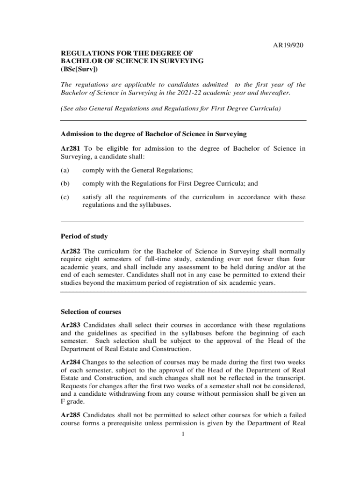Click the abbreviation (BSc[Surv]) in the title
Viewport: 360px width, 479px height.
(x=79, y=69)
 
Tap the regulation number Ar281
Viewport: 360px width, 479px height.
(x=71, y=149)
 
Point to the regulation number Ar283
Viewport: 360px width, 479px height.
(x=71, y=325)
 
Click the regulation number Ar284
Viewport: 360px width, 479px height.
(x=71, y=362)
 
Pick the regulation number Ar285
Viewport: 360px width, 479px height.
(x=71, y=415)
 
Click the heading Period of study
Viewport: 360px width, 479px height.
(x=84, y=236)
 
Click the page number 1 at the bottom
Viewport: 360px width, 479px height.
(x=184, y=435)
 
